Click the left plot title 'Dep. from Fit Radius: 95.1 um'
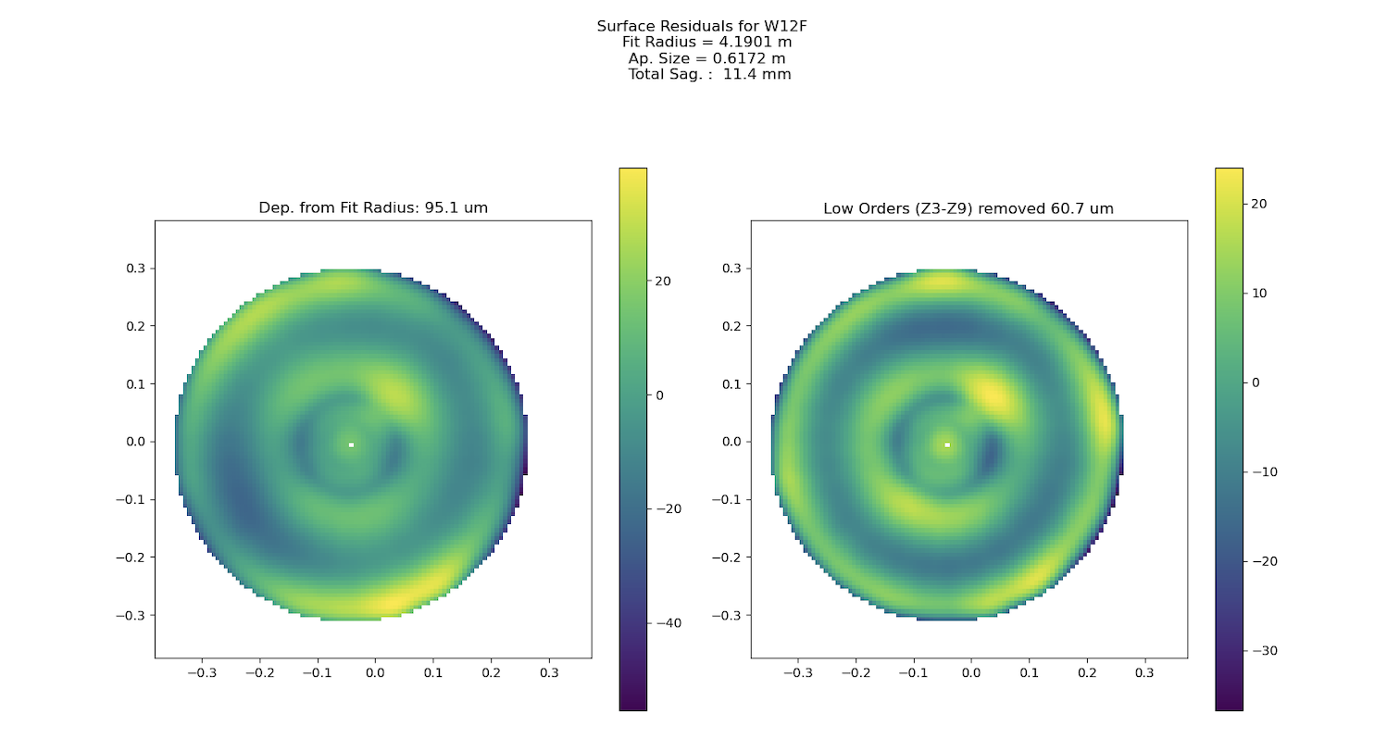pos(373,208)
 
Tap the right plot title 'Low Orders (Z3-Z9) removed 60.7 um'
pos(968,208)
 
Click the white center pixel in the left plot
pos(351,445)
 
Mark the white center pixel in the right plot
pos(947,445)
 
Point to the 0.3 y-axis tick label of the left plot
pos(136,269)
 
